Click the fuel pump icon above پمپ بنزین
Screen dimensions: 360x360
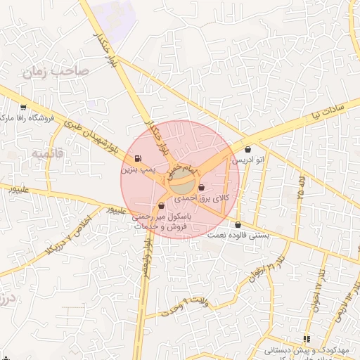pyautogui.click(x=136, y=157)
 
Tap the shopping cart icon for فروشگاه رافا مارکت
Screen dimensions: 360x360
pyautogui.click(x=23, y=108)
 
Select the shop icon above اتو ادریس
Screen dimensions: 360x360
pyautogui.click(x=248, y=149)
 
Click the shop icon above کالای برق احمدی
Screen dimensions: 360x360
pyautogui.click(x=202, y=188)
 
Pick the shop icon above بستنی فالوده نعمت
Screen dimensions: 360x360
pyautogui.click(x=238, y=225)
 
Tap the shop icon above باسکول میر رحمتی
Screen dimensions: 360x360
pyautogui.click(x=162, y=206)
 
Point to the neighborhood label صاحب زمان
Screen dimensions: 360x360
pyautogui.click(x=53, y=71)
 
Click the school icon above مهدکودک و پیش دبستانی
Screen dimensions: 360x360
pyautogui.click(x=306, y=338)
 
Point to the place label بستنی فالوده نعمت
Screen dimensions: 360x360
pyautogui.click(x=238, y=237)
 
